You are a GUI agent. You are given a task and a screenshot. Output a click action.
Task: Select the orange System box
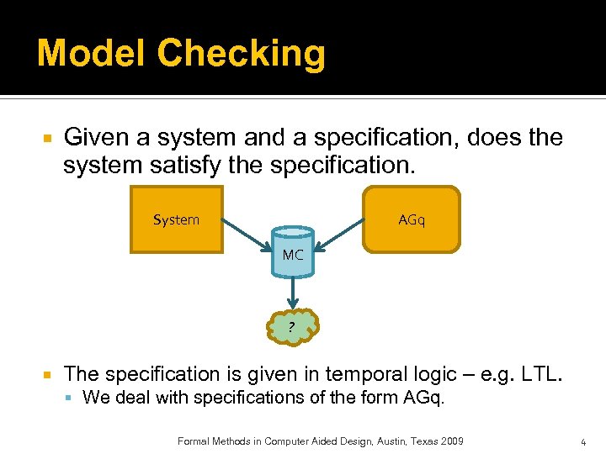pos(177,220)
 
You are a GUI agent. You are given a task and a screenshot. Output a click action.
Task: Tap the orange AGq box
pos(412,219)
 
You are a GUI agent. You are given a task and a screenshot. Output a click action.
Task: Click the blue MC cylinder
pos(293,253)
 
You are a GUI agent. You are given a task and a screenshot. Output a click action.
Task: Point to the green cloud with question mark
pos(291,326)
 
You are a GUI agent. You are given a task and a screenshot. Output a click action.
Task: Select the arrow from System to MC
pos(247,237)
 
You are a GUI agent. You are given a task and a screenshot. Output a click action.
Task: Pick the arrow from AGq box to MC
pos(338,238)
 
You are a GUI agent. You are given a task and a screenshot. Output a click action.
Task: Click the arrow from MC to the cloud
pos(292,293)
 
